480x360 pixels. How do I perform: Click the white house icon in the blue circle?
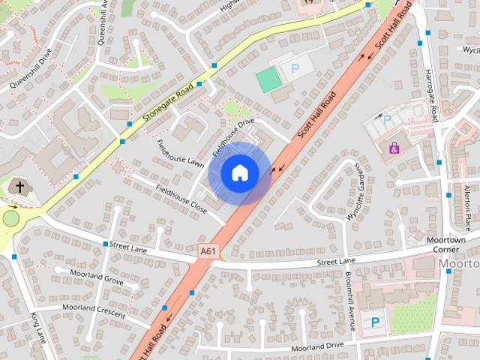click(239, 172)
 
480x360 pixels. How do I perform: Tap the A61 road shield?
click(210, 250)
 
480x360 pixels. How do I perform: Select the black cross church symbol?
click(19, 187)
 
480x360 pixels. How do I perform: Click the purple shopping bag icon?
click(394, 148)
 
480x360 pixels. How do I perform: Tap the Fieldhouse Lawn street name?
click(180, 151)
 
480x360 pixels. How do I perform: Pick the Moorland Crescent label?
click(94, 308)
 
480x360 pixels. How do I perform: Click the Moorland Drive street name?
click(317, 346)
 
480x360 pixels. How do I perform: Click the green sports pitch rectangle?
click(267, 79)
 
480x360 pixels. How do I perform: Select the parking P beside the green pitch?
click(294, 68)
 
